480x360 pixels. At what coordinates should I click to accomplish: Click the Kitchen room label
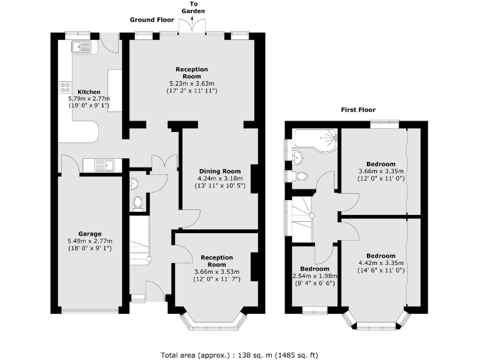click(89, 92)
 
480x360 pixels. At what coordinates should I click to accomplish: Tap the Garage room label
click(90, 234)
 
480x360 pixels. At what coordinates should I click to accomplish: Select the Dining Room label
click(220, 171)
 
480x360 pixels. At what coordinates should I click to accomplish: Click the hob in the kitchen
click(65, 87)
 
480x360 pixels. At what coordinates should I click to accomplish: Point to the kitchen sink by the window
click(81, 47)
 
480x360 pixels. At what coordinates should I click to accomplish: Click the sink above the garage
click(104, 165)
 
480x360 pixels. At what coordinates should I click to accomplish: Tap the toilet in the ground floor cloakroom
click(138, 202)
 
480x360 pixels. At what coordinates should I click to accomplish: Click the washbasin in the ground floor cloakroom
click(134, 184)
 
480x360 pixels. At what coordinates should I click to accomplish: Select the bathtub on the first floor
click(315, 139)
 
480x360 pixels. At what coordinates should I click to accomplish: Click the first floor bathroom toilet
click(300, 176)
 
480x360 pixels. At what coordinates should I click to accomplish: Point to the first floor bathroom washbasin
click(297, 157)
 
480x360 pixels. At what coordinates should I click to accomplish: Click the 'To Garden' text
click(193, 7)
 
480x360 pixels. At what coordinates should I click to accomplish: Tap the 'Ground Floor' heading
click(152, 20)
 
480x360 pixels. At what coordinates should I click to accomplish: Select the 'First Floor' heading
click(358, 110)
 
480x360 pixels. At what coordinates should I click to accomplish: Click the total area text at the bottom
click(239, 355)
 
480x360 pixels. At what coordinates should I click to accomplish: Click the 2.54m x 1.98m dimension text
click(315, 276)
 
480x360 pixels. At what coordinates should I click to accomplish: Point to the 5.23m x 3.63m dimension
click(192, 84)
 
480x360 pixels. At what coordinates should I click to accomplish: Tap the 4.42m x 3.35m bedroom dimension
click(381, 263)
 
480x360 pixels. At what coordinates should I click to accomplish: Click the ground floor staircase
click(139, 241)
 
